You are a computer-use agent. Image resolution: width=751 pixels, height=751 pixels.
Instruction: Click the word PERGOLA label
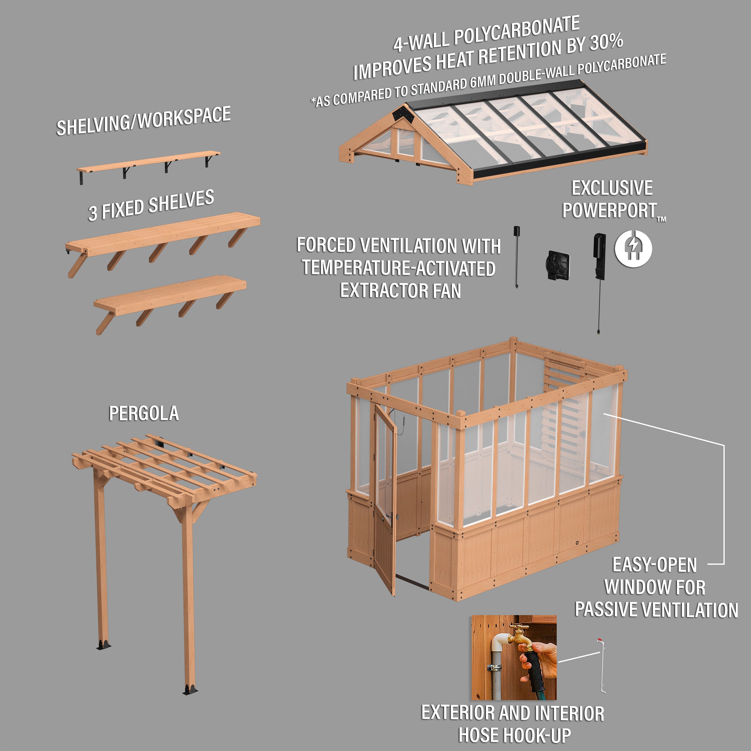[x=144, y=413]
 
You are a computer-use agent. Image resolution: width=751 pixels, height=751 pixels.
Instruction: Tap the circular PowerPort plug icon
[x=633, y=248]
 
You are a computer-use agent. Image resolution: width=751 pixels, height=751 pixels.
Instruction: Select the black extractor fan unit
[x=558, y=266]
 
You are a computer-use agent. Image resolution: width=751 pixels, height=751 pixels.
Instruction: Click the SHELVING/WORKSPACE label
[x=144, y=121]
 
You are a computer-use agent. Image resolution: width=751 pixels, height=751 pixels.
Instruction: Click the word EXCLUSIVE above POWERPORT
[x=612, y=188]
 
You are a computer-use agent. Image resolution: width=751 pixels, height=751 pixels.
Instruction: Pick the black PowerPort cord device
[x=599, y=257]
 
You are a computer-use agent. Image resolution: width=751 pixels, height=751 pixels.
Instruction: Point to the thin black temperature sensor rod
[x=516, y=257]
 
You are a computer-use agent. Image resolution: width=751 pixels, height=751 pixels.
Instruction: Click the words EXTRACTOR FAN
[x=400, y=291]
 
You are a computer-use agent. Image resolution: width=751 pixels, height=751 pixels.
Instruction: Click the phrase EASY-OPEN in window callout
[x=655, y=565]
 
